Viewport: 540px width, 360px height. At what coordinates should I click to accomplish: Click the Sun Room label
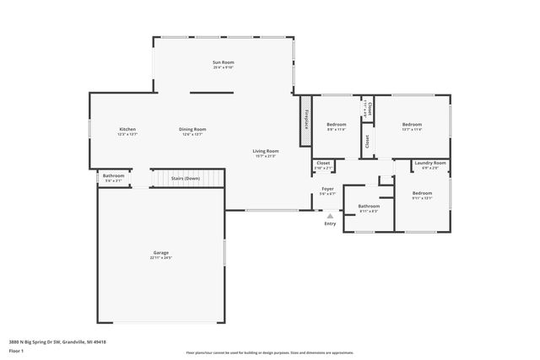tap(223, 62)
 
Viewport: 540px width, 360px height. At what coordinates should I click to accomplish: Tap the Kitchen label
tap(127, 129)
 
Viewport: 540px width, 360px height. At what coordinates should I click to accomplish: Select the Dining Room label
tap(192, 129)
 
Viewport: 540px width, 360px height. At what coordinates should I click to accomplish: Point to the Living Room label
tap(266, 151)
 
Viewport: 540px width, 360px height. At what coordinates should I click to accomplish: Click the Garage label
tap(161, 253)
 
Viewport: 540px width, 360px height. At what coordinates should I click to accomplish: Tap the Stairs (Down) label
tap(186, 179)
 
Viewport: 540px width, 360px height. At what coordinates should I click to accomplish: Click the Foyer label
tap(327, 189)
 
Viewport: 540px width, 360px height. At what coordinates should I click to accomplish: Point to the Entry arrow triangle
tap(330, 216)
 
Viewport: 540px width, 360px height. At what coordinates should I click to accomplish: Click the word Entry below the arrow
tap(330, 223)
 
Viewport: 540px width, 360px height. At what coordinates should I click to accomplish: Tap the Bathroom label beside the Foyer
tap(369, 206)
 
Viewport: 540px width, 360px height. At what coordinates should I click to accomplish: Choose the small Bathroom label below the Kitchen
tap(114, 175)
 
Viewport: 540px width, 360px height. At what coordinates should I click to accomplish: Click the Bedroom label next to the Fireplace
tap(337, 124)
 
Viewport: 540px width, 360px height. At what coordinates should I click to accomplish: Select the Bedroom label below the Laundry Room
tap(422, 193)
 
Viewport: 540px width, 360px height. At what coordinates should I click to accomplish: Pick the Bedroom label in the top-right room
tap(411, 124)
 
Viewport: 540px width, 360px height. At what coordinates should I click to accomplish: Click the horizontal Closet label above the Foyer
tap(323, 163)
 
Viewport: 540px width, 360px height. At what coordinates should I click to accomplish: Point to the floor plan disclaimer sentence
tap(269, 353)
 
